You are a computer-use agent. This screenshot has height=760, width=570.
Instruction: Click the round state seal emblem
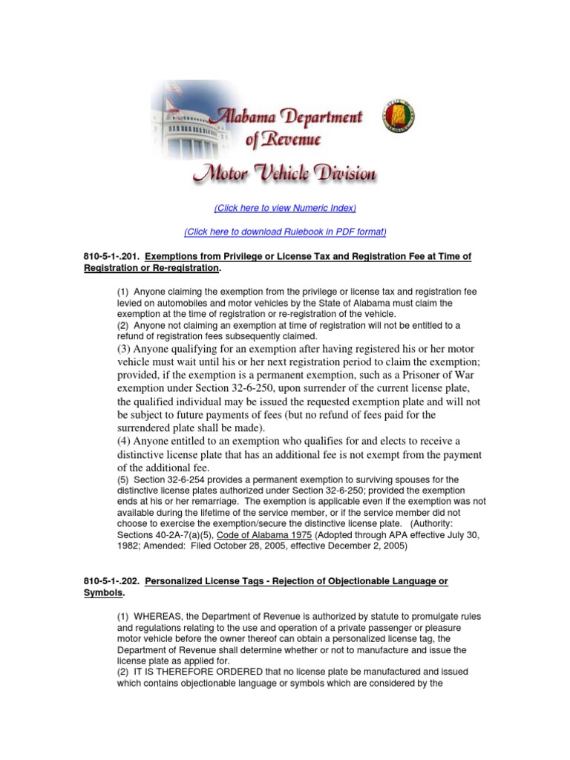click(399, 117)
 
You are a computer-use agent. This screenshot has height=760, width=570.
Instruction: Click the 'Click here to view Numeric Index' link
click(285, 208)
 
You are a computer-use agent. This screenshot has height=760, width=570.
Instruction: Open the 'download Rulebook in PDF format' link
click(285, 232)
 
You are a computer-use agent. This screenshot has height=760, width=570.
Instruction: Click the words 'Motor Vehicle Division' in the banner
click(284, 174)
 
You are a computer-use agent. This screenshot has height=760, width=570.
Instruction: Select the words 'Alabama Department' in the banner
click(288, 116)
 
